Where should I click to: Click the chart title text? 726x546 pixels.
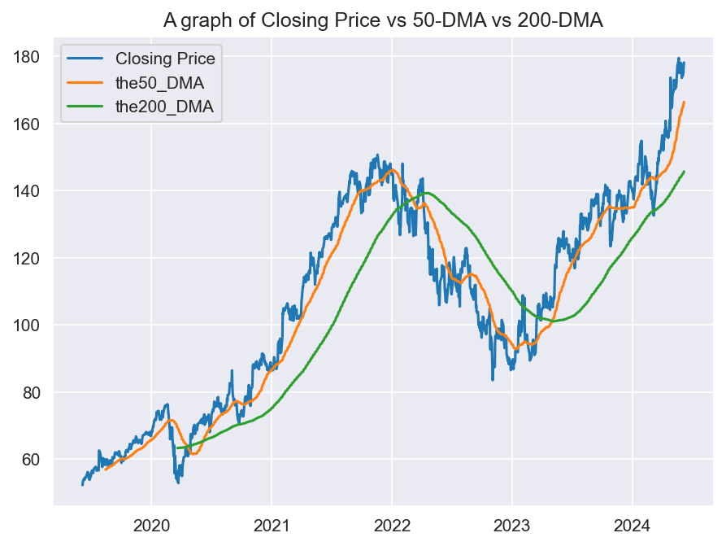coord(383,20)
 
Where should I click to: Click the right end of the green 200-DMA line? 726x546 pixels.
coord(684,172)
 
